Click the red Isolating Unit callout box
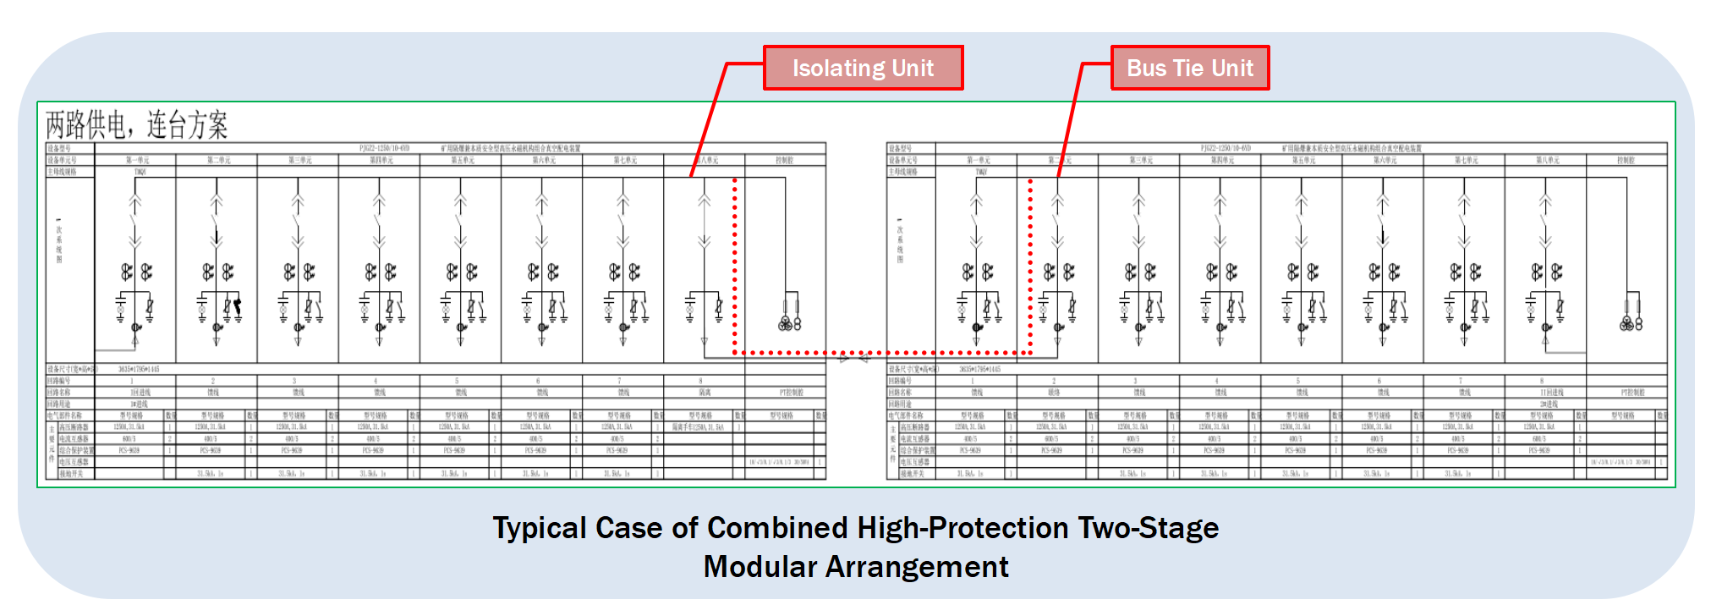[863, 69]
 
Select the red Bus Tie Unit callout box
[1189, 69]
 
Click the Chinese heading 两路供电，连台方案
[137, 125]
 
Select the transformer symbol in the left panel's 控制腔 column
[789, 322]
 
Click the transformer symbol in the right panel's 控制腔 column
[1631, 322]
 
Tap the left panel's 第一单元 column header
[137, 160]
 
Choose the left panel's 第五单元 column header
[462, 160]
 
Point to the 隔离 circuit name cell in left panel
[704, 393]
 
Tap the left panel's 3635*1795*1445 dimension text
[138, 369]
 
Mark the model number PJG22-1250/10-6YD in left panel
[384, 148]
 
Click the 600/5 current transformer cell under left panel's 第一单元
[129, 439]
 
